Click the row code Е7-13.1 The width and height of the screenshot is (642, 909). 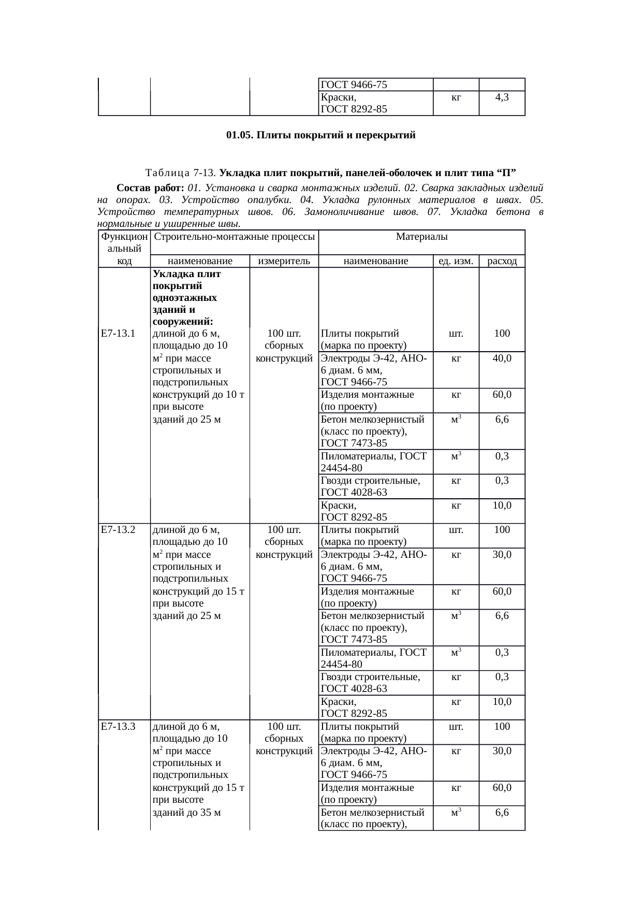[x=118, y=333]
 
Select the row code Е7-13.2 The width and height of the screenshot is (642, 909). [x=118, y=529]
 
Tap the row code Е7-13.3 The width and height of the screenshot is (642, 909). [x=118, y=726]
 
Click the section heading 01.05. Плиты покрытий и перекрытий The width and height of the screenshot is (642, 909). [x=320, y=135]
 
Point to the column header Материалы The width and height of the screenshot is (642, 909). [x=421, y=237]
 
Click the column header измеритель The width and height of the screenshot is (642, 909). [x=284, y=261]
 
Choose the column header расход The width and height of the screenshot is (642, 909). [x=502, y=261]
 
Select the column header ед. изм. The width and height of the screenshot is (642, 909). [x=456, y=261]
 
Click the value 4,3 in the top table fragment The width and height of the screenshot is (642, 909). [x=502, y=97]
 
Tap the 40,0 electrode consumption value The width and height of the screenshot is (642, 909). [x=502, y=358]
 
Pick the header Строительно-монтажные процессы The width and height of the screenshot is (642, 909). [x=235, y=237]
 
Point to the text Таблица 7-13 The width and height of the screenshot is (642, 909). [x=181, y=172]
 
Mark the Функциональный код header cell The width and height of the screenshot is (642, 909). [x=124, y=249]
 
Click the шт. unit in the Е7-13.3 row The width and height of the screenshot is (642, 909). [x=456, y=726]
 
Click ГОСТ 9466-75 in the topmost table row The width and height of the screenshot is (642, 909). [x=354, y=85]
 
